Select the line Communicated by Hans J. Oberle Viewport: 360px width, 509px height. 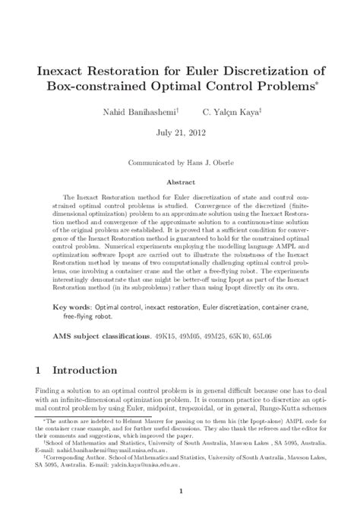click(x=180, y=163)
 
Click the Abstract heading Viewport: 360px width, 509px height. click(x=180, y=183)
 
